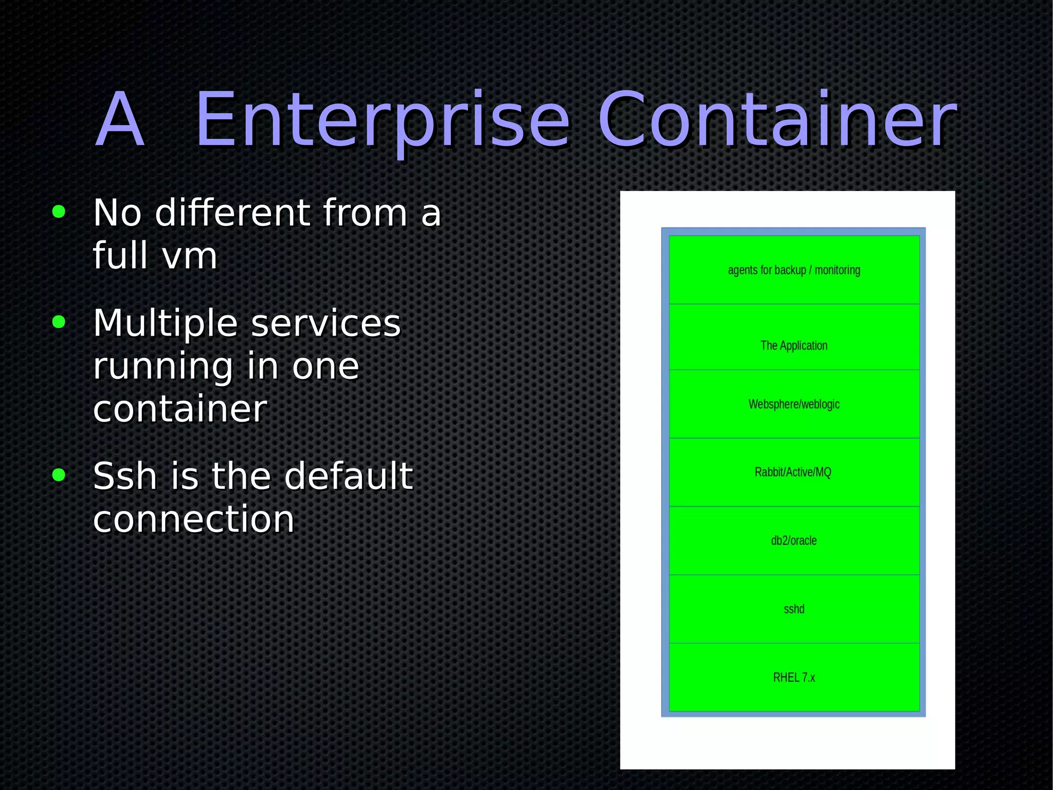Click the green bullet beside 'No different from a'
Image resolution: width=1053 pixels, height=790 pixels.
tap(59, 212)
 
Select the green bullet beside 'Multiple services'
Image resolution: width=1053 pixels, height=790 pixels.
tap(59, 322)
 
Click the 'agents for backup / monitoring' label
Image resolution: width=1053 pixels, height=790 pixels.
tap(794, 270)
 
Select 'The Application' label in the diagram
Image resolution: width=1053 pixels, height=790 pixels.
tap(794, 345)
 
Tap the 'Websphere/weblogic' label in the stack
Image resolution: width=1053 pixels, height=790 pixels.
tap(794, 404)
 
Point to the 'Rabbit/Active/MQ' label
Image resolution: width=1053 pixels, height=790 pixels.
tap(793, 472)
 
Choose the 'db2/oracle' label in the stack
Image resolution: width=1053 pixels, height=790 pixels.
tap(794, 540)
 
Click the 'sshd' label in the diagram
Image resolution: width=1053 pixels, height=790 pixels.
tap(794, 609)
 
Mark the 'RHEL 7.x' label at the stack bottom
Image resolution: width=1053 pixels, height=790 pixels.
tap(794, 677)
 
